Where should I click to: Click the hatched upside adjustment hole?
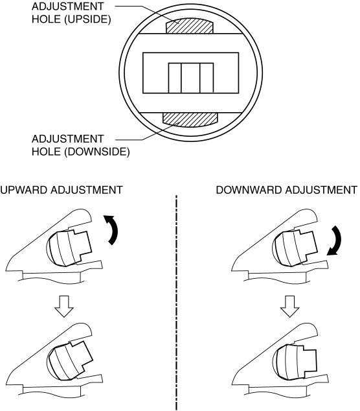[x=190, y=27]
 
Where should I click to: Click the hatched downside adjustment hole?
[x=190, y=119]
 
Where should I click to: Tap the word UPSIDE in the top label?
[x=87, y=19]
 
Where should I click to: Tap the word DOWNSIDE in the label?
[x=97, y=152]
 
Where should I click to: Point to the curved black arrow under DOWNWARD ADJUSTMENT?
[x=334, y=241]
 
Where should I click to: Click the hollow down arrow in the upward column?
[x=64, y=307]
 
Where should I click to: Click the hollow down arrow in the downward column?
[x=289, y=307]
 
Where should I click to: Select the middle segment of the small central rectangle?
[x=190, y=78]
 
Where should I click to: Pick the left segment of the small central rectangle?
[x=175, y=78]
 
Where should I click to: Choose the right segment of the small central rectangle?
[x=207, y=78]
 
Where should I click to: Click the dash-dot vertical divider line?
[x=177, y=303]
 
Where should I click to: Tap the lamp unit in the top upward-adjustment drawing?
[x=69, y=248]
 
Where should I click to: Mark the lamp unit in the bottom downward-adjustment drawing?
[x=295, y=362]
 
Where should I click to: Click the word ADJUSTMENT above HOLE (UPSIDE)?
[x=67, y=6]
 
